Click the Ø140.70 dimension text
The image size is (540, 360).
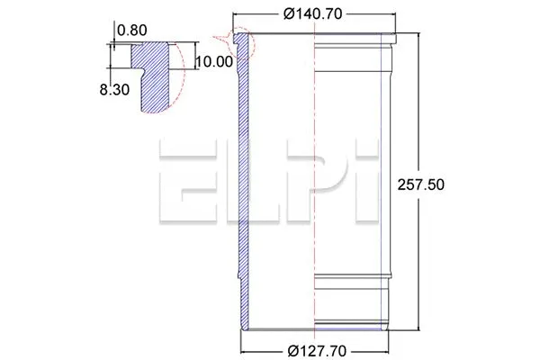pos(315,13)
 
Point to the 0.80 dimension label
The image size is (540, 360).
pos(131,29)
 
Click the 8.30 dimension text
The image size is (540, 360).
pos(112,91)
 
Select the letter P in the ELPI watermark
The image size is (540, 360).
pos(306,182)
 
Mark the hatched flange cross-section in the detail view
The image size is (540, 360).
pos(153,76)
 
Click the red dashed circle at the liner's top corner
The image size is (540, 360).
pos(241,40)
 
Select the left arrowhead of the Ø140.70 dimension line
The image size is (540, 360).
pos(237,13)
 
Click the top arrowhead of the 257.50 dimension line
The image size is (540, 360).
pos(420,34)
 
